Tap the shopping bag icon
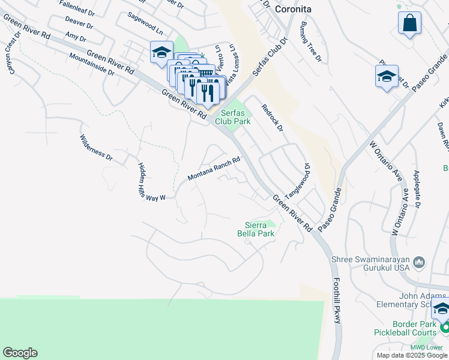(x=409, y=23)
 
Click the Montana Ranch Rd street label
(x=214, y=169)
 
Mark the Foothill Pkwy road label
(x=336, y=296)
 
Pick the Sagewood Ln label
(x=145, y=24)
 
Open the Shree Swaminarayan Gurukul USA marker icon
(x=419, y=262)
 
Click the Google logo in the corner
(x=20, y=353)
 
